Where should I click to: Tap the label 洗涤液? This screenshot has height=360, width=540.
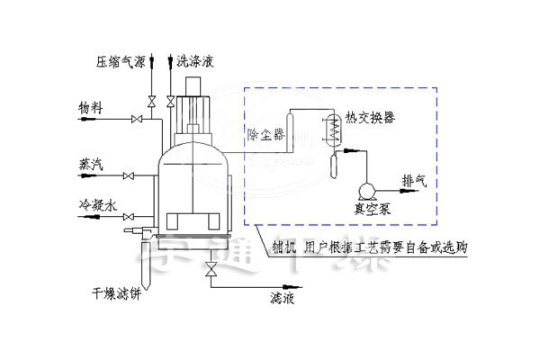click(x=196, y=62)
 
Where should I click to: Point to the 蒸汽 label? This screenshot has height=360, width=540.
click(x=90, y=165)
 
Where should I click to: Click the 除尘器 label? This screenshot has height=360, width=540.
click(x=265, y=134)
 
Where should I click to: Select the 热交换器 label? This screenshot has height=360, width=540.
click(x=370, y=118)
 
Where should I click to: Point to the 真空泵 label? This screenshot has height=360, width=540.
click(x=369, y=208)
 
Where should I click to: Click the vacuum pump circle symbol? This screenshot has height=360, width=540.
click(x=367, y=190)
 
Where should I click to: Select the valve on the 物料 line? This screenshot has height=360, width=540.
click(x=138, y=119)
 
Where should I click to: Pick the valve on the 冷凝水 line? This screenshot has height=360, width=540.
click(x=130, y=215)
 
